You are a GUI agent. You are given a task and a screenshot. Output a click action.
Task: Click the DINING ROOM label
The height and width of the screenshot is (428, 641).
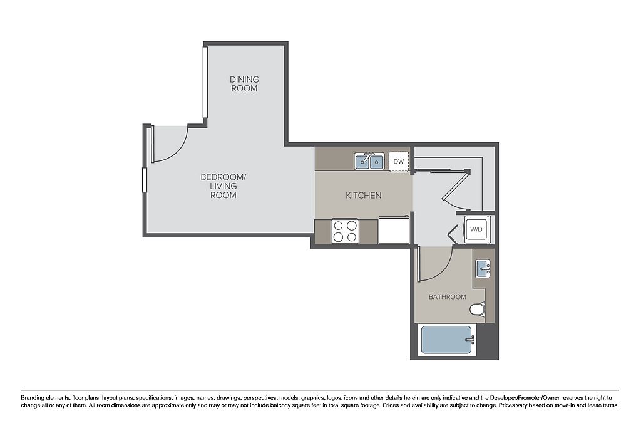(244, 84)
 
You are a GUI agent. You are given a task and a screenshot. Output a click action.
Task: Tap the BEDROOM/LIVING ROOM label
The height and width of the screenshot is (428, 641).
(223, 186)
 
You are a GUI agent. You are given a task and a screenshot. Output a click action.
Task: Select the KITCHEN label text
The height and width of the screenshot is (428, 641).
(364, 196)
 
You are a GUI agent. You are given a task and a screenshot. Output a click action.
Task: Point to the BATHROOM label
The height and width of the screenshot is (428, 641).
(447, 297)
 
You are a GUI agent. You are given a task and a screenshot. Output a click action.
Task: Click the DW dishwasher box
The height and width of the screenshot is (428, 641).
(399, 162)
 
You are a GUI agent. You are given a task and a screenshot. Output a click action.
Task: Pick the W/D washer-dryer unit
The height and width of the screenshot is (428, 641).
(476, 229)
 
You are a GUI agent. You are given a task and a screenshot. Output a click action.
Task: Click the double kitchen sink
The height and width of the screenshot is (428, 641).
(369, 161)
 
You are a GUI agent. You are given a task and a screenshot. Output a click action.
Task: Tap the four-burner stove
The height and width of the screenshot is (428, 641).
(345, 231)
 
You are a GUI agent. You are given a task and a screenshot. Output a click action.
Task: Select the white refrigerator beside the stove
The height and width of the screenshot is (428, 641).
(394, 230)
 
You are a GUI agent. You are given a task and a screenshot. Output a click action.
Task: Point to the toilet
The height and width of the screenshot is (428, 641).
(477, 310)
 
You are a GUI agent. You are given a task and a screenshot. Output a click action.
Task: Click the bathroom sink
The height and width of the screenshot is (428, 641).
(483, 268)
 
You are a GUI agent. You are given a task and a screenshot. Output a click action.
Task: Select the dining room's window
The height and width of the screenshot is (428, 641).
(205, 82)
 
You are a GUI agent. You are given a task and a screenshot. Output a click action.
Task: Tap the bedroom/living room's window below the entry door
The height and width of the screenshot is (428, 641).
(145, 179)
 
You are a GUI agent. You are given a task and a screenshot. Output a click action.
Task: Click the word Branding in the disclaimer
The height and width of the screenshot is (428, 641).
(33, 397)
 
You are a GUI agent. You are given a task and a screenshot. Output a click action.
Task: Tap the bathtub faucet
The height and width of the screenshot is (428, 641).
(470, 340)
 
